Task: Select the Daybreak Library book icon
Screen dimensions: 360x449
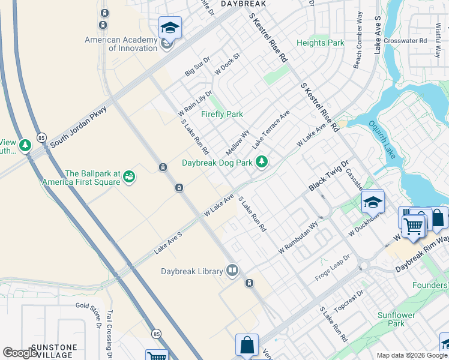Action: click(232, 271)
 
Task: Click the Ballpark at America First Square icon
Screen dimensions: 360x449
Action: click(129, 176)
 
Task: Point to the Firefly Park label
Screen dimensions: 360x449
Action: click(222, 114)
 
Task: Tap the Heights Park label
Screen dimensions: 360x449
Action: click(321, 43)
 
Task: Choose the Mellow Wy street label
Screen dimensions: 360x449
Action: click(238, 142)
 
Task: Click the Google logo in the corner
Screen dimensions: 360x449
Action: click(20, 353)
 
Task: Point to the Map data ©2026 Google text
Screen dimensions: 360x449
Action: click(412, 355)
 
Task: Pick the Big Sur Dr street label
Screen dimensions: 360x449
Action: click(197, 66)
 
